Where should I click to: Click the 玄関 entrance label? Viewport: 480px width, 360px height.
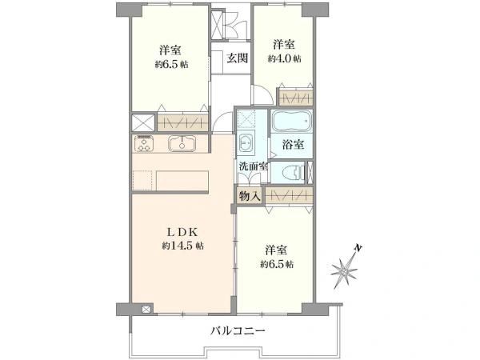[235, 58]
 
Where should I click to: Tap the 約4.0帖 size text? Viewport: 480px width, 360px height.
[285, 58]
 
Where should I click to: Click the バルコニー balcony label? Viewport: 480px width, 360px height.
[238, 330]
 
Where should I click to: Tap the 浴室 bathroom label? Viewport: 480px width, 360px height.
[293, 145]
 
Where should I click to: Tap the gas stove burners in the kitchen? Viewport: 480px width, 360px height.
[145, 145]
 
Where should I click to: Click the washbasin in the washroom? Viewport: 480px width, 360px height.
[246, 145]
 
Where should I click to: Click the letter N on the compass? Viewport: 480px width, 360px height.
[360, 249]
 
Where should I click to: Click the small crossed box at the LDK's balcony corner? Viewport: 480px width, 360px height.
[146, 308]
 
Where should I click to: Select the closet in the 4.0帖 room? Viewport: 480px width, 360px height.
[294, 98]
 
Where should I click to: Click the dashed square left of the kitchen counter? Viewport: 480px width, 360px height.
[142, 179]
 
